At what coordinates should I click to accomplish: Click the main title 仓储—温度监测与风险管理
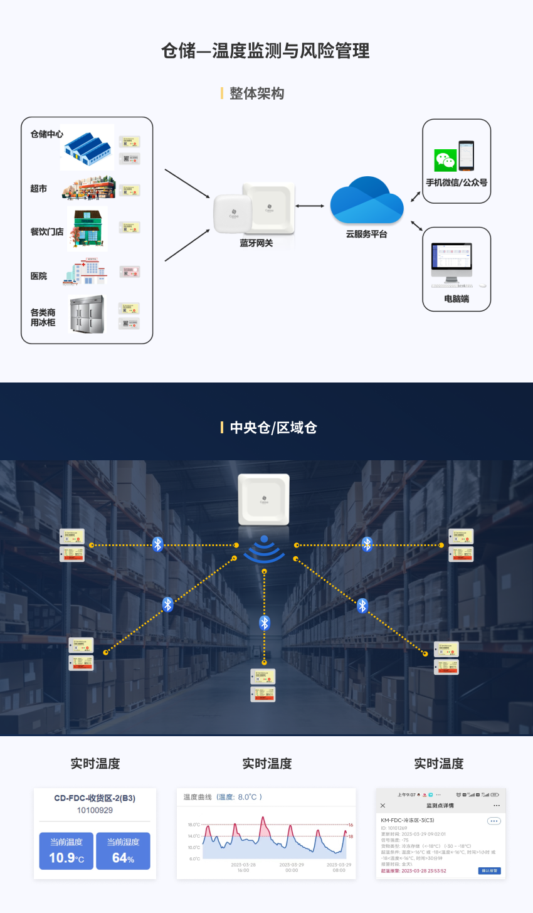(x=265, y=51)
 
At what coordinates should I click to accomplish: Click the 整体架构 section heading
(x=256, y=93)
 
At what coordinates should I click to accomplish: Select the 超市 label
(x=39, y=189)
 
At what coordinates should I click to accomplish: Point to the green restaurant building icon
(x=87, y=227)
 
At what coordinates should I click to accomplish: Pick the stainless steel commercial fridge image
(x=87, y=314)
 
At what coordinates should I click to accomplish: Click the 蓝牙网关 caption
(x=256, y=243)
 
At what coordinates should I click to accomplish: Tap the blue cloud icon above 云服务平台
(x=367, y=200)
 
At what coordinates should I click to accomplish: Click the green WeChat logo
(x=445, y=161)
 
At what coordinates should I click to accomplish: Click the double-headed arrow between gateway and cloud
(x=310, y=206)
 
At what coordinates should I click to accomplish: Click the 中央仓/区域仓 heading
(x=273, y=428)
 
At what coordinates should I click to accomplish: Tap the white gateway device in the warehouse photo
(x=264, y=499)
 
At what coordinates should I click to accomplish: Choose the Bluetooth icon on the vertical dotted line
(x=265, y=623)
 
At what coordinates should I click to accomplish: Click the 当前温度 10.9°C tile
(x=66, y=851)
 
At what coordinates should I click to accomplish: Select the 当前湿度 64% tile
(x=123, y=851)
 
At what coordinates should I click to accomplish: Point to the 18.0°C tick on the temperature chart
(x=194, y=825)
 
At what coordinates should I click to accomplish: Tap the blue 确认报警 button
(x=489, y=870)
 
